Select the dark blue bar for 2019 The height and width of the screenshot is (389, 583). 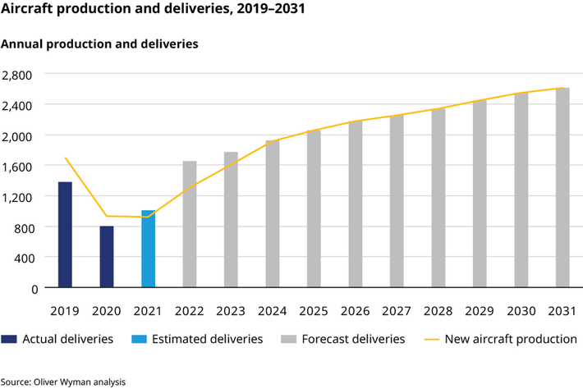click(x=65, y=235)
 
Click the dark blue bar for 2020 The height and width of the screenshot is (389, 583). click(x=107, y=257)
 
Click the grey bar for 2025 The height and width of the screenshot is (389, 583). click(x=314, y=208)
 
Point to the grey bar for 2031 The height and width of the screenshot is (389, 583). click(x=562, y=188)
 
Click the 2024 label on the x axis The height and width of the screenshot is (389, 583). click(x=273, y=311)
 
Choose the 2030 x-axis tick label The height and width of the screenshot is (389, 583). click(x=521, y=311)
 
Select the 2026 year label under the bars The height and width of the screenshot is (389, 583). click(x=356, y=311)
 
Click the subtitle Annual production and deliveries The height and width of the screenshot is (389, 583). click(x=100, y=43)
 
